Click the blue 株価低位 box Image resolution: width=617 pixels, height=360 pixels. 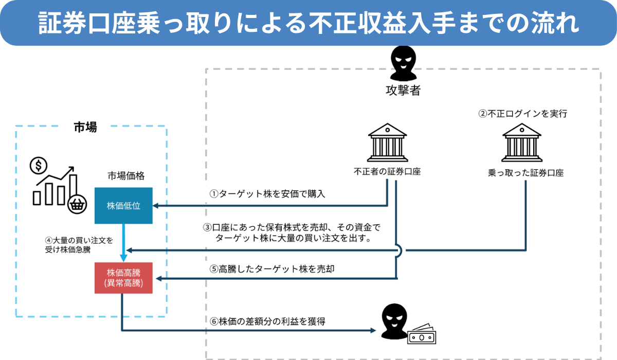tap(123, 206)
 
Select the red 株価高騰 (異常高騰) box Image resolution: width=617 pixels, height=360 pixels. tap(123, 278)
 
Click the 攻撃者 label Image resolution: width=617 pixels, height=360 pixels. tap(403, 91)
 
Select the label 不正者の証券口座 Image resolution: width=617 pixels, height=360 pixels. tap(387, 172)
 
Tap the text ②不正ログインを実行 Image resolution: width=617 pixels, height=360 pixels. tap(522, 114)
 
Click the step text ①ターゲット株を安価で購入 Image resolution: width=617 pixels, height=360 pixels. tap(267, 194)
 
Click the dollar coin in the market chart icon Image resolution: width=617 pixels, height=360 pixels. tap(38, 166)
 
